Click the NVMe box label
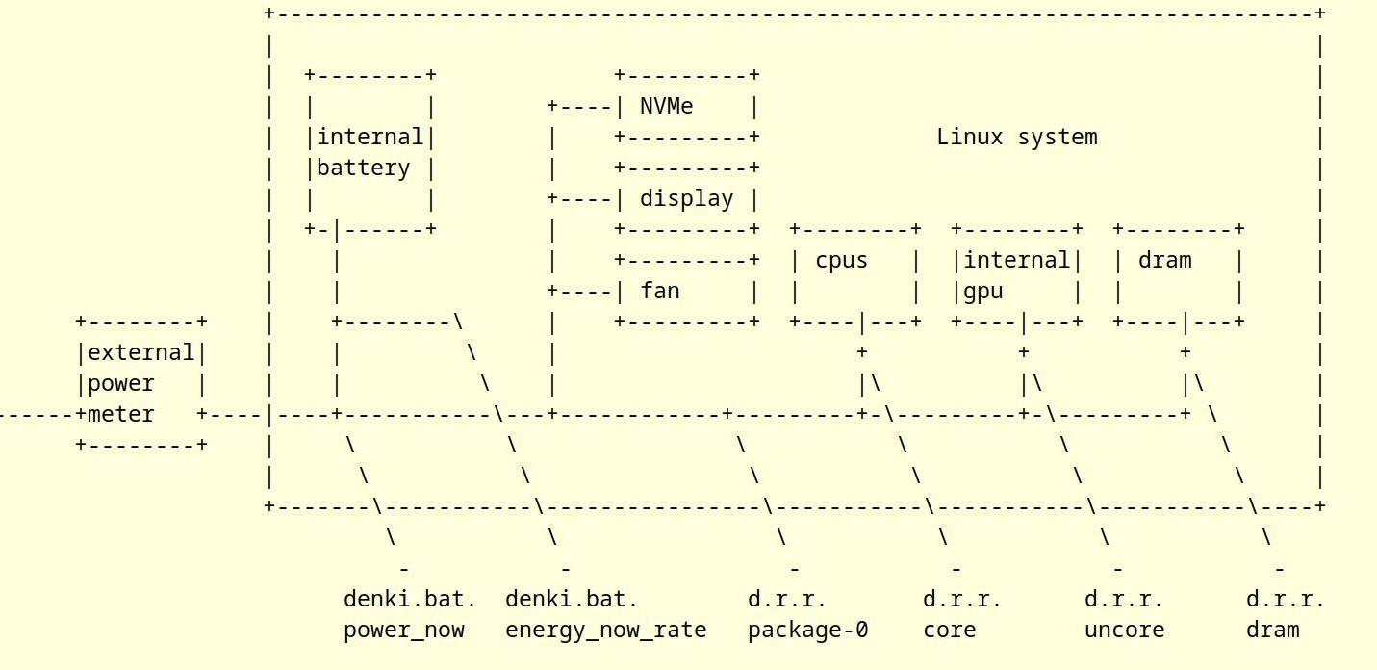pyautogui.click(x=666, y=106)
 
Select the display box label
pyautogui.click(x=686, y=199)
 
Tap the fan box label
pyautogui.click(x=659, y=291)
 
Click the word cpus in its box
pyautogui.click(x=841, y=260)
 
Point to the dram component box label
pyautogui.click(x=1164, y=260)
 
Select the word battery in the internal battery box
pyautogui.click(x=363, y=168)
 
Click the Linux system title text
pyautogui.click(x=1016, y=137)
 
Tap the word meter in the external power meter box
pyautogui.click(x=120, y=415)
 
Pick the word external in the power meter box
pyautogui.click(x=140, y=353)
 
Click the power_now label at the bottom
pyautogui.click(x=403, y=631)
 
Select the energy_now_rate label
pyautogui.click(x=605, y=631)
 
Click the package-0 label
pyautogui.click(x=807, y=631)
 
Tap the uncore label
pyautogui.click(x=1124, y=631)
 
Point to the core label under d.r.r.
pyautogui.click(x=949, y=631)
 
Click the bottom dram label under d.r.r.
pyautogui.click(x=1272, y=631)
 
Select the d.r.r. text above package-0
pyautogui.click(x=787, y=600)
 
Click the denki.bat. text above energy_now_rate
pyautogui.click(x=572, y=600)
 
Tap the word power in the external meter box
pyautogui.click(x=120, y=384)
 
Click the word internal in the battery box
pyautogui.click(x=370, y=137)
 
